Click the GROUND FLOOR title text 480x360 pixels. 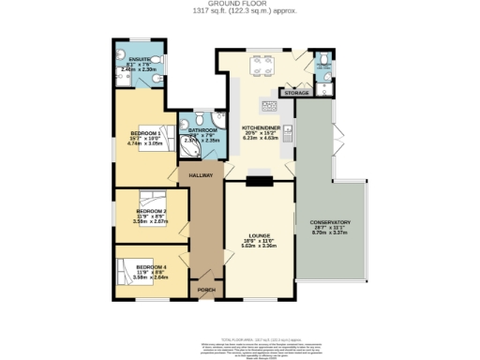pyautogui.click(x=240, y=5)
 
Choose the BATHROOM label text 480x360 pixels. pyautogui.click(x=202, y=129)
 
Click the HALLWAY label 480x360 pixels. pyautogui.click(x=201, y=175)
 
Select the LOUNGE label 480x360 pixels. pyautogui.click(x=259, y=235)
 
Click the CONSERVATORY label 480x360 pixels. pyautogui.click(x=335, y=221)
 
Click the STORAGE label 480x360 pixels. pyautogui.click(x=297, y=93)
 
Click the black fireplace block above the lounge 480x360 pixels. pyautogui.click(x=259, y=180)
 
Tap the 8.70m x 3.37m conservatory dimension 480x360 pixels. pyautogui.click(x=335, y=232)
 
